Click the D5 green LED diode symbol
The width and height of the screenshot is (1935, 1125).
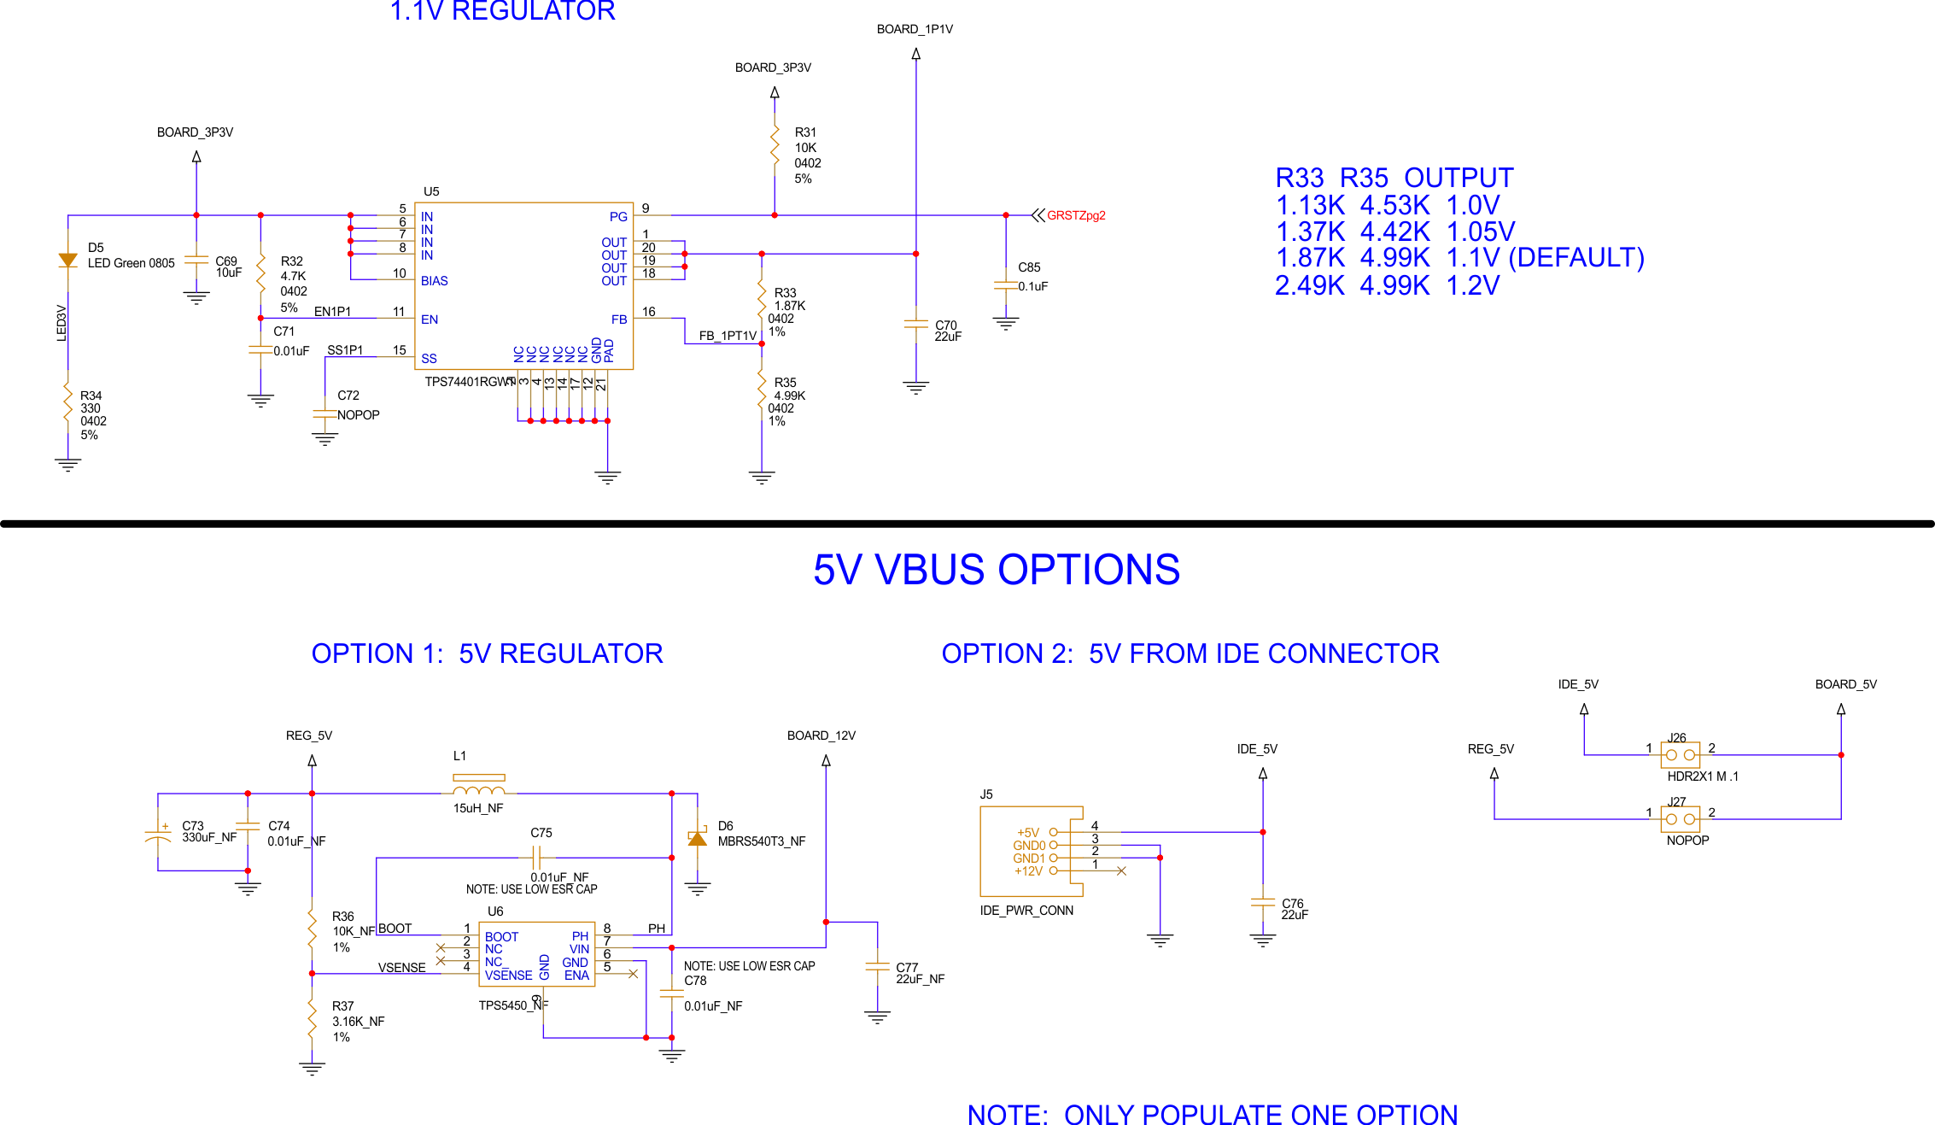(x=67, y=261)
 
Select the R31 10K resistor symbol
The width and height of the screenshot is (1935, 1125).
(x=775, y=148)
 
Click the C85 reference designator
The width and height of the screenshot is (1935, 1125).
(x=1029, y=267)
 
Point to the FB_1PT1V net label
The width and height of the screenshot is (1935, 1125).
(x=728, y=336)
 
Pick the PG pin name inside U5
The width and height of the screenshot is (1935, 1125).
(x=618, y=217)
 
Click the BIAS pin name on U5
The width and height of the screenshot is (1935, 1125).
(x=434, y=281)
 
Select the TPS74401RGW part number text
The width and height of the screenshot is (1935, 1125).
(x=468, y=382)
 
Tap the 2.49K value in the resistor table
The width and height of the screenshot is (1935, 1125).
(x=1309, y=285)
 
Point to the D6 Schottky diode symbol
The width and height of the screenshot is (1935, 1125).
(x=698, y=839)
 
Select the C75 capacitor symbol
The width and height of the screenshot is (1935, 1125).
(x=536, y=857)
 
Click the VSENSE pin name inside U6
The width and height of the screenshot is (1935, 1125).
(x=508, y=976)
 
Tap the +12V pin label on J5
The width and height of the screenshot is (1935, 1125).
(x=1028, y=871)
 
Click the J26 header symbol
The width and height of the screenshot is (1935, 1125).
(x=1680, y=755)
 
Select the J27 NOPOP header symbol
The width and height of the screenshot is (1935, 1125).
(x=1680, y=819)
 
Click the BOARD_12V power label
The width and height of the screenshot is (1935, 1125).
(x=821, y=735)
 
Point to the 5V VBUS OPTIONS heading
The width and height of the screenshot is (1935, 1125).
(x=996, y=570)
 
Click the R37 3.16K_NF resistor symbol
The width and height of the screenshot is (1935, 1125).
(x=313, y=1021)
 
